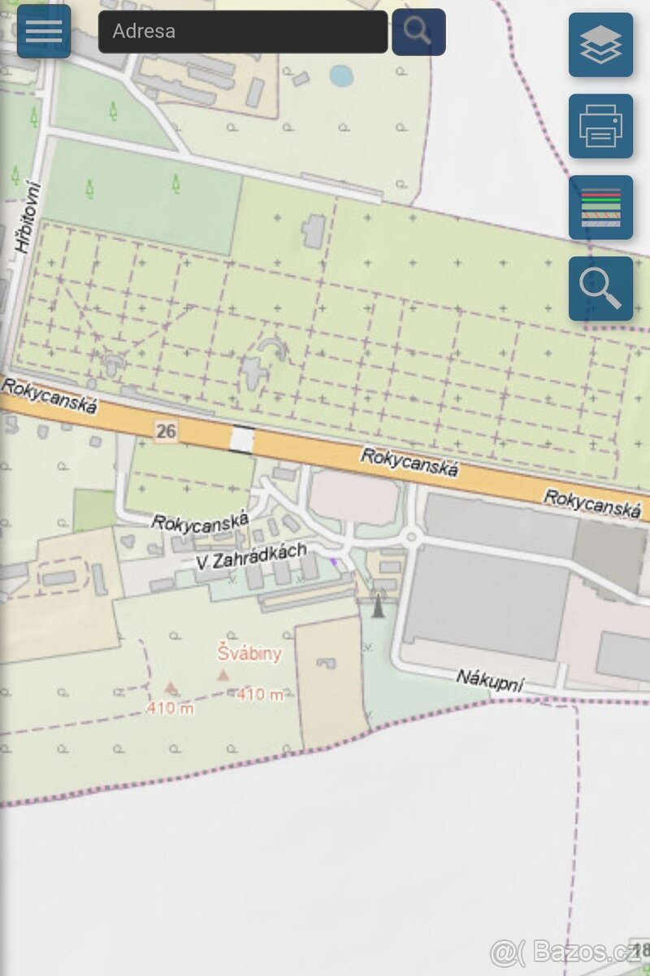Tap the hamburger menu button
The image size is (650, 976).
[44, 31]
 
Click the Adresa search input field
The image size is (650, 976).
[242, 32]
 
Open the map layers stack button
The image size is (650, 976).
[600, 45]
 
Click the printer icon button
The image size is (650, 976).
[600, 126]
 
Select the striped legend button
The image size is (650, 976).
[600, 207]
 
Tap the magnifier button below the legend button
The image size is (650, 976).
[600, 289]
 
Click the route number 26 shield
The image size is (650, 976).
[166, 431]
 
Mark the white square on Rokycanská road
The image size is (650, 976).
[241, 439]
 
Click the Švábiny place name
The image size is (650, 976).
[249, 652]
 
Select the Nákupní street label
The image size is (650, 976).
[489, 679]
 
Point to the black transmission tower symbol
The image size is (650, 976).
[377, 603]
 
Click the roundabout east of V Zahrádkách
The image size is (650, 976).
[412, 536]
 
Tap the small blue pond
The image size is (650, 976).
[342, 76]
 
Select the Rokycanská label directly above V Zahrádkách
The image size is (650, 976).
[200, 521]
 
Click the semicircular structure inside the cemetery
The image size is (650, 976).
[272, 350]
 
